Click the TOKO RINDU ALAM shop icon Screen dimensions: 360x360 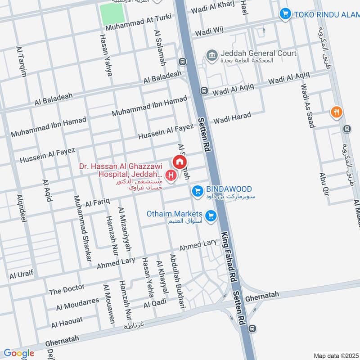click(x=284, y=14)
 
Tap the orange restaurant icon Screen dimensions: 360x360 click(x=335, y=112)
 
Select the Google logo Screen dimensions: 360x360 click(x=18, y=353)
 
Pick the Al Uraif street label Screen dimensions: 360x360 click(x=21, y=274)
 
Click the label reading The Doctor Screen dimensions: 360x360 click(x=67, y=289)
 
